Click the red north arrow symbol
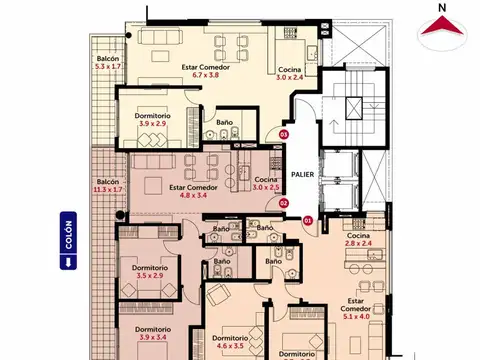coord(441,34)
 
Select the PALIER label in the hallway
coord(304,173)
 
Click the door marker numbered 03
coord(283,134)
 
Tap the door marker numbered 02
coord(283,203)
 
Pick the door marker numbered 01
coord(307,219)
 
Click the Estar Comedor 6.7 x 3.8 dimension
coord(205,75)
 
